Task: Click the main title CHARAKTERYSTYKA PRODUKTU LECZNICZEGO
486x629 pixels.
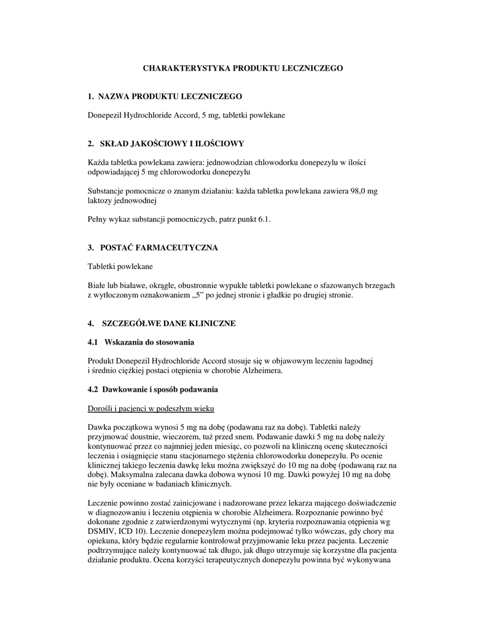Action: [x=243, y=68]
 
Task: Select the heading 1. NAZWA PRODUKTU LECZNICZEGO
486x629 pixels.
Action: [x=165, y=96]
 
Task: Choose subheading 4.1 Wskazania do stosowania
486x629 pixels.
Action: [x=141, y=342]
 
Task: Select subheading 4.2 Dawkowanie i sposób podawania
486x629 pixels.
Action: [x=152, y=389]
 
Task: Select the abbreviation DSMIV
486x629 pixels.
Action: [x=102, y=531]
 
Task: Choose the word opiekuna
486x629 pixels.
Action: [x=105, y=541]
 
